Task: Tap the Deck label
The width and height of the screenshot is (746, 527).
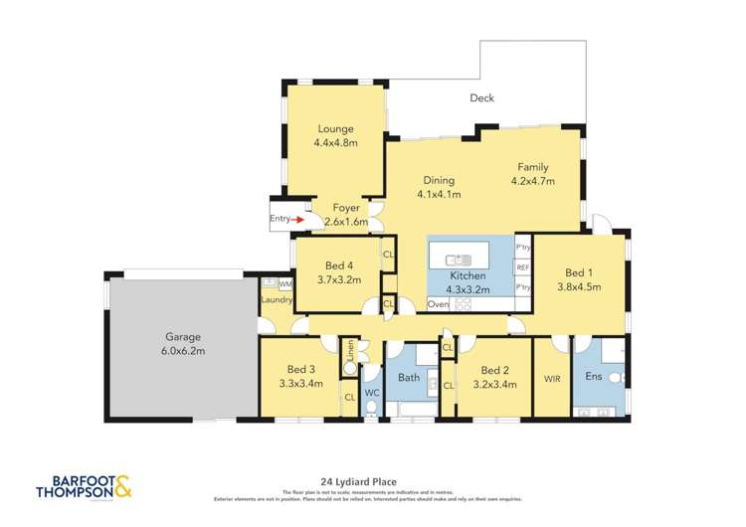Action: pyautogui.click(x=481, y=97)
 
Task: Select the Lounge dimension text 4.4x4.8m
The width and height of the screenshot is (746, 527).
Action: pyautogui.click(x=335, y=143)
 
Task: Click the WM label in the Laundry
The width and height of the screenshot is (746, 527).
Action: pyautogui.click(x=284, y=284)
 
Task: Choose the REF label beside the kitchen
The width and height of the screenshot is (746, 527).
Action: pyautogui.click(x=522, y=266)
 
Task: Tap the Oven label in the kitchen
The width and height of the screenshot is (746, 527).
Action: pyautogui.click(x=439, y=303)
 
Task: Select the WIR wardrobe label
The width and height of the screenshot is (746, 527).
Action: pyautogui.click(x=553, y=379)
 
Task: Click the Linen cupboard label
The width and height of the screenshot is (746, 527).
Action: pyautogui.click(x=350, y=350)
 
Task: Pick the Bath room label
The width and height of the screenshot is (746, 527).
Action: pyautogui.click(x=409, y=378)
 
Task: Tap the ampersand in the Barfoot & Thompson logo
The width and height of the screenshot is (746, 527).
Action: pyautogui.click(x=122, y=486)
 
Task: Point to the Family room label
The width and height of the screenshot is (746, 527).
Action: pyautogui.click(x=532, y=167)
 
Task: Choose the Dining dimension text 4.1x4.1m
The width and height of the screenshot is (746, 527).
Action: pyautogui.click(x=439, y=194)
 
